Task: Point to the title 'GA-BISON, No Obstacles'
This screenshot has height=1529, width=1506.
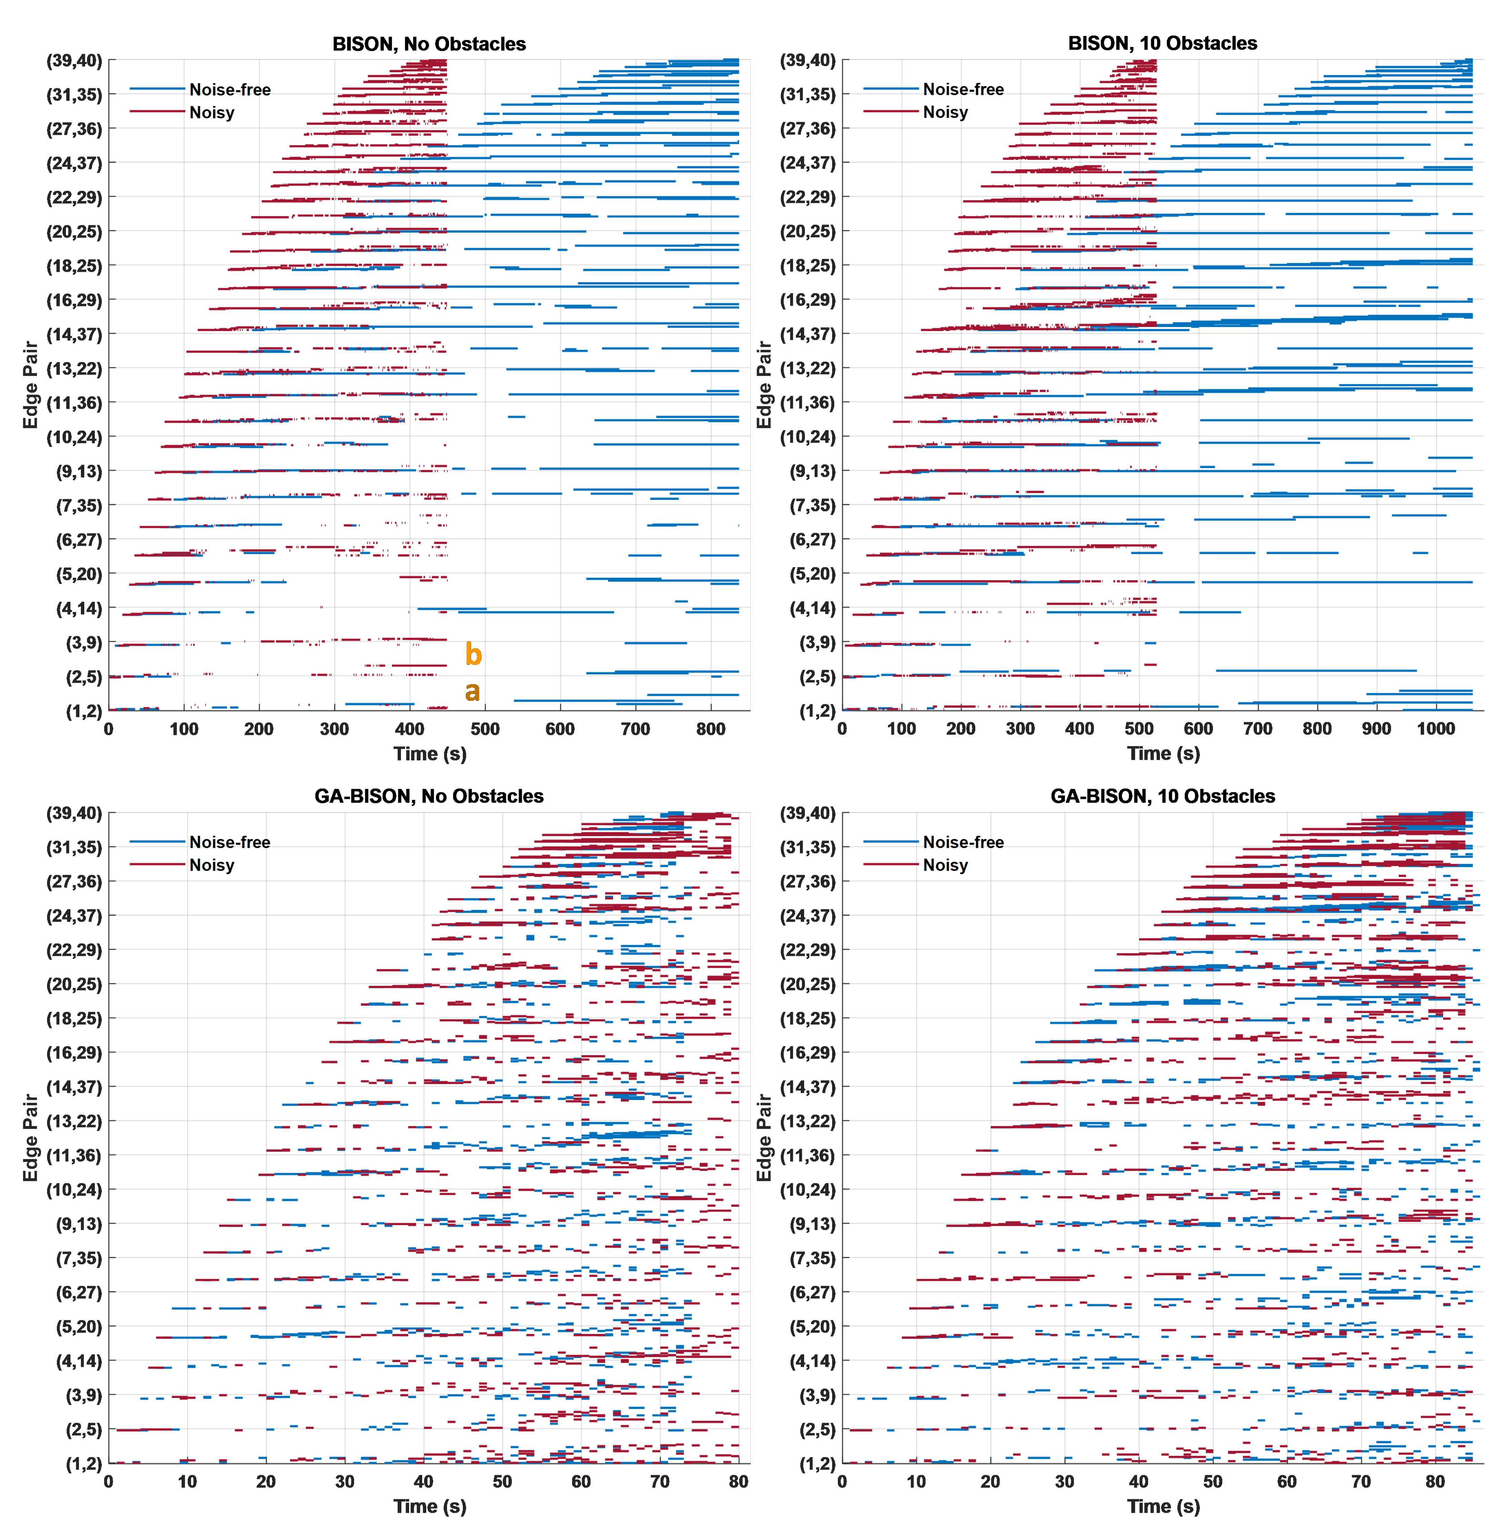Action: (x=429, y=796)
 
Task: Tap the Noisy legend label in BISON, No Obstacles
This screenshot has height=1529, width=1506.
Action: (x=212, y=112)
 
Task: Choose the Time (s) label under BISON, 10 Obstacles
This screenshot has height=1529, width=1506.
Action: (x=1163, y=754)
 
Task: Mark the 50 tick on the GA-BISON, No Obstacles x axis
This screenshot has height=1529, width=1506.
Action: (x=502, y=1481)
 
